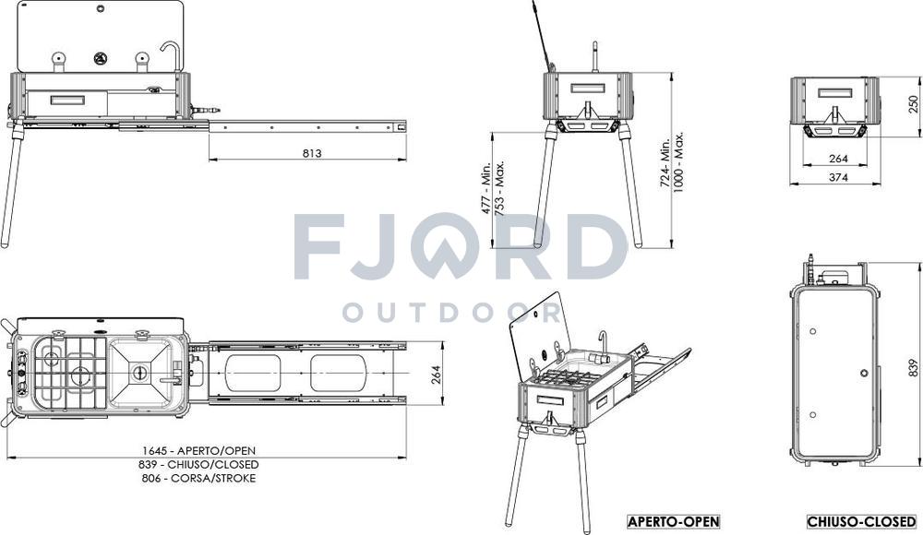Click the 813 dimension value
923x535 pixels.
(312, 153)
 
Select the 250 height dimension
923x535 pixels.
(913, 104)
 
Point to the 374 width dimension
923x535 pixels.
(838, 176)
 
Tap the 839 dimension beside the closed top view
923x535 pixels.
(913, 368)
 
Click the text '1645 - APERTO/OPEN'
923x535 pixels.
(198, 451)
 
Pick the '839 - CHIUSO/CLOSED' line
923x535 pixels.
(198, 464)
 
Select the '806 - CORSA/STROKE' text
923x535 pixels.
(198, 478)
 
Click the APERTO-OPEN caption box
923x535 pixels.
(674, 521)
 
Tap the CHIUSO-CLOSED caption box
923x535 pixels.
(862, 521)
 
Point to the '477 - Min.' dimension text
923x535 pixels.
(486, 188)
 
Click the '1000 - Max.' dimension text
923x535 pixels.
(678, 161)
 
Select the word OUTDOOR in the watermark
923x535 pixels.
(451, 313)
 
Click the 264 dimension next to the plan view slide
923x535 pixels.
(437, 374)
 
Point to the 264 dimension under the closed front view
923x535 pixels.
(838, 159)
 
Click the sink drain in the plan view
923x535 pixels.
(140, 372)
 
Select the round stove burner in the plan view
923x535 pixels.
(78, 374)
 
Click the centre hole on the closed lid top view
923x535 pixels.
(864, 373)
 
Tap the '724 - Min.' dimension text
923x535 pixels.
(665, 163)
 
